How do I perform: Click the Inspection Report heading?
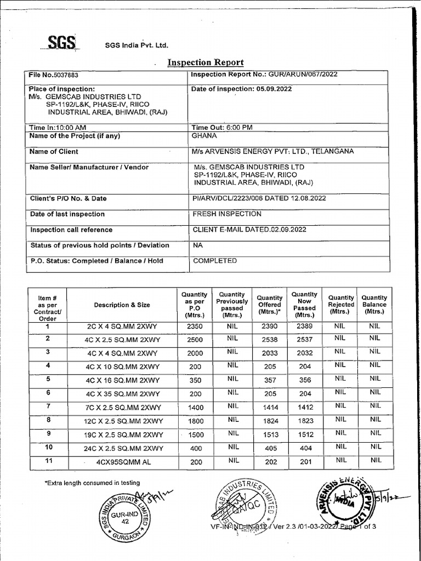(205, 62)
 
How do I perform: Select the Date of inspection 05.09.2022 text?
(242, 89)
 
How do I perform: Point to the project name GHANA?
(204, 136)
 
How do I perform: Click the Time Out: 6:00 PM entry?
(222, 127)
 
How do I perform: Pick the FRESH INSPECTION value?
(227, 214)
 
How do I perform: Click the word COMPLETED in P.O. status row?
(215, 261)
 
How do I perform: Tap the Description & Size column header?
(122, 305)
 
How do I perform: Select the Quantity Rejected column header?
(341, 305)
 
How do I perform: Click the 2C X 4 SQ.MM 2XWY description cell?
(122, 327)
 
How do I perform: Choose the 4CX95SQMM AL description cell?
(122, 462)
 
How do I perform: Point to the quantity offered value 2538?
(270, 340)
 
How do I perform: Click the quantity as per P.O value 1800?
(195, 421)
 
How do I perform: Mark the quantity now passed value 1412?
(305, 408)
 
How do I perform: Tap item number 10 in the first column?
(48, 447)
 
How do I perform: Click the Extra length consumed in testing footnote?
(92, 483)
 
